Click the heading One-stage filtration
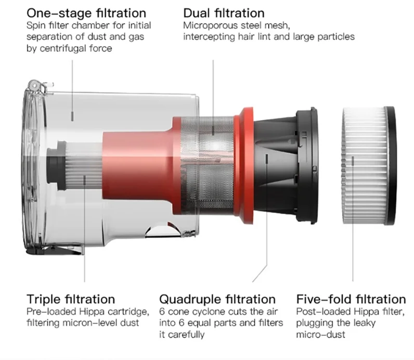(x=86, y=13)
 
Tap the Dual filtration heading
(x=224, y=13)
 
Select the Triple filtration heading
(x=71, y=299)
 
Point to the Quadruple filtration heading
(x=217, y=299)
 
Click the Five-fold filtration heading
(x=351, y=299)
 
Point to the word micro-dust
(x=320, y=335)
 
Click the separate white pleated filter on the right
(x=369, y=166)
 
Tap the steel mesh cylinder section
(x=208, y=165)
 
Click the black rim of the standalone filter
(x=391, y=166)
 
